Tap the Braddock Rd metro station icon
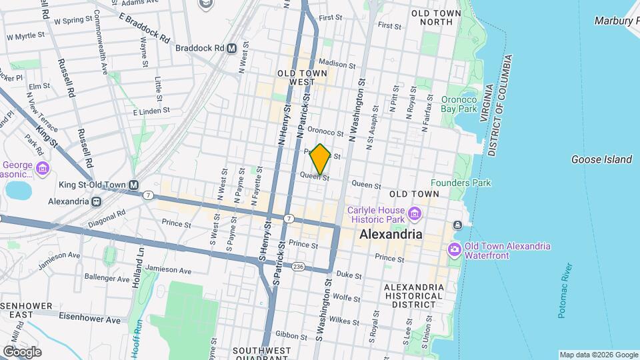232,48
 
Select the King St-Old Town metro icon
135,185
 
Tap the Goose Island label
601,159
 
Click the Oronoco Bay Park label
459,104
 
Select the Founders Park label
460,183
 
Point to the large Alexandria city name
391,235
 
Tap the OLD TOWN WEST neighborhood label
302,77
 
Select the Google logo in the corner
21,351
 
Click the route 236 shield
298,267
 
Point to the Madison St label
342,64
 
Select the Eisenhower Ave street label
90,319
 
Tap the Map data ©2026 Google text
598,355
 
